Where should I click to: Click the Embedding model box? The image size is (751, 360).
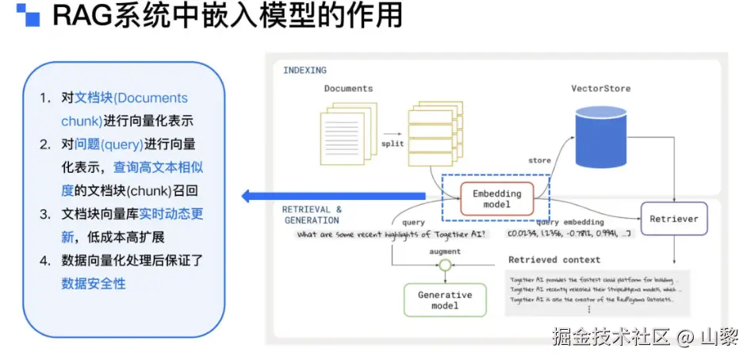(497, 199)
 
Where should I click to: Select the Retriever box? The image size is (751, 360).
(673, 218)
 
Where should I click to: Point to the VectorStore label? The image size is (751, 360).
(600, 89)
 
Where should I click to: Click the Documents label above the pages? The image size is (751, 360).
(348, 89)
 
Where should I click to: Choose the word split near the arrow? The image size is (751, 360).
(392, 144)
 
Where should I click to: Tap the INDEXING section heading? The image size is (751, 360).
(305, 71)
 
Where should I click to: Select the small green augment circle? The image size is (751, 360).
(445, 266)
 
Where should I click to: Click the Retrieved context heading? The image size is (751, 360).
(554, 259)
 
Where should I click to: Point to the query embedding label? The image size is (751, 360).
(569, 223)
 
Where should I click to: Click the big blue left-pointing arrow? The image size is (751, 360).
(333, 196)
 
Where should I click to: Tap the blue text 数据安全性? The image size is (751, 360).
(94, 283)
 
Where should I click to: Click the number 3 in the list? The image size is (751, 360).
(44, 214)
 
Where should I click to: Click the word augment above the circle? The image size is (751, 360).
(445, 251)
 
